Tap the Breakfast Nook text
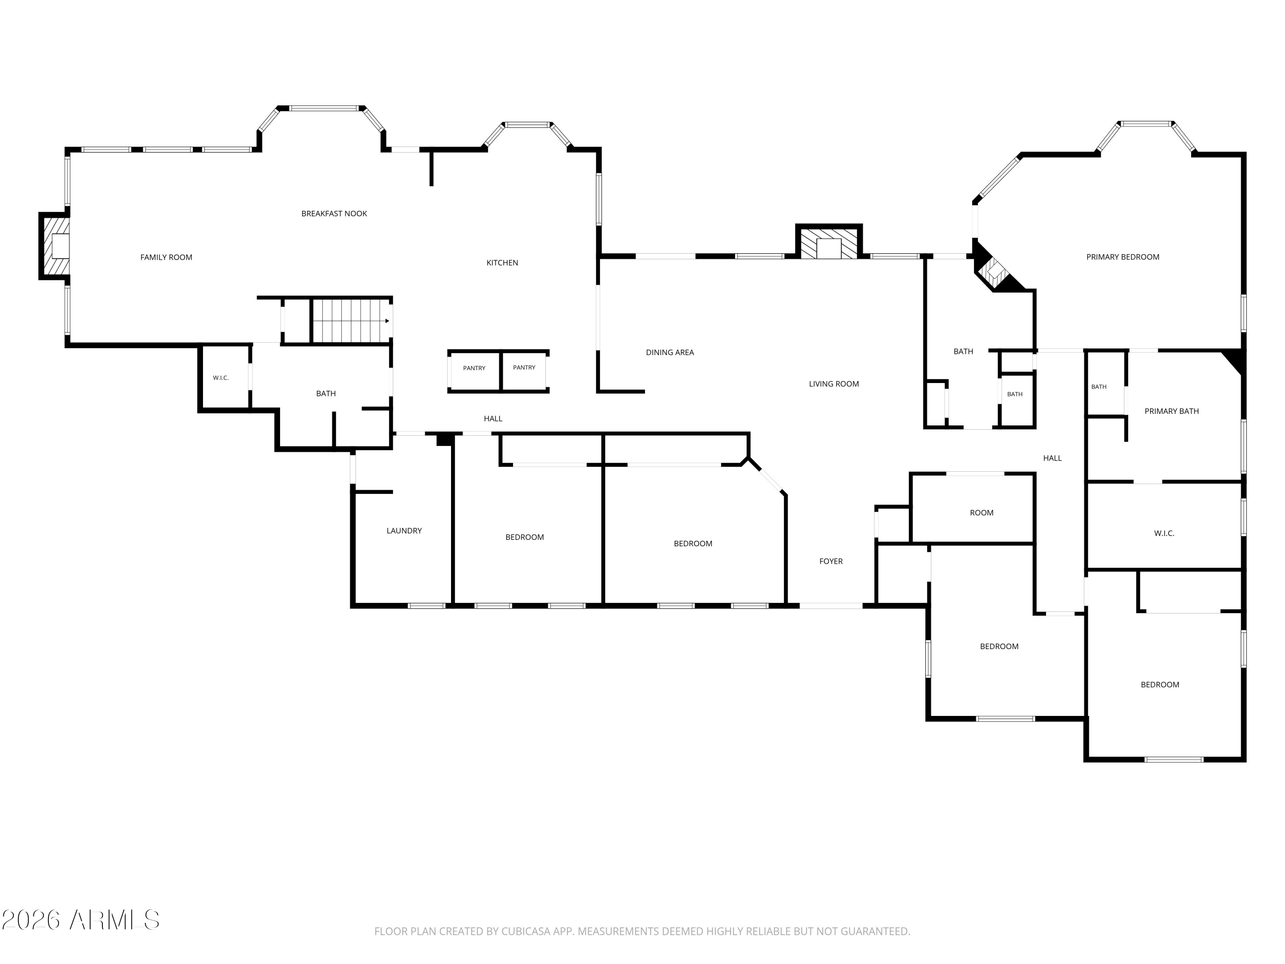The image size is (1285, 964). coord(334,214)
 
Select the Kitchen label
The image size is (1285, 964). coord(502,263)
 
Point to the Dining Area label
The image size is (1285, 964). coord(670,352)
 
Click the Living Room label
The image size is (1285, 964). coord(834,383)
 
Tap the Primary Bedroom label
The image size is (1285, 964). coord(1122,257)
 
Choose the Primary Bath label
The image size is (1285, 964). coord(1171,411)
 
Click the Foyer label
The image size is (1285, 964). coord(831,561)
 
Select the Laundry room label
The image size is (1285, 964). coord(404,530)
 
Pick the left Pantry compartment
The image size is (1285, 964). coord(474,371)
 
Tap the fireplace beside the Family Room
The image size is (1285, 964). coord(54,246)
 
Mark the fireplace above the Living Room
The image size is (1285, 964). coord(829,241)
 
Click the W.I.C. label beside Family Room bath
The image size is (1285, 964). coord(221,378)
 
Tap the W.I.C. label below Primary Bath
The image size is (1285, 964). coord(1164,533)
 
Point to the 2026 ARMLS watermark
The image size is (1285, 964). coord(81,920)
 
